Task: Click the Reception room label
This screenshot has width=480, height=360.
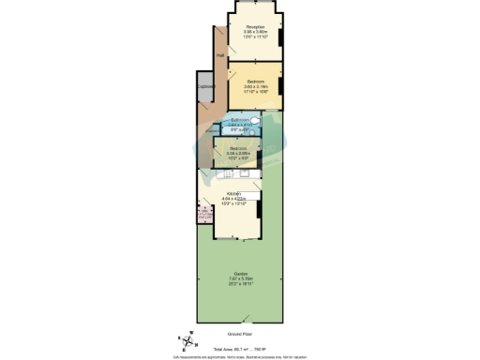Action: tap(254, 26)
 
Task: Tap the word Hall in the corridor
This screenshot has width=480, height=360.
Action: tap(220, 56)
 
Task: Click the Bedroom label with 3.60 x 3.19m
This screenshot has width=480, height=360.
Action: tap(254, 82)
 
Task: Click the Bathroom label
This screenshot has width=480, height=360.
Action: tap(241, 119)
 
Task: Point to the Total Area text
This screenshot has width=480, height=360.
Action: tap(241, 347)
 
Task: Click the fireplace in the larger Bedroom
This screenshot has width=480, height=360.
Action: tap(279, 87)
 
